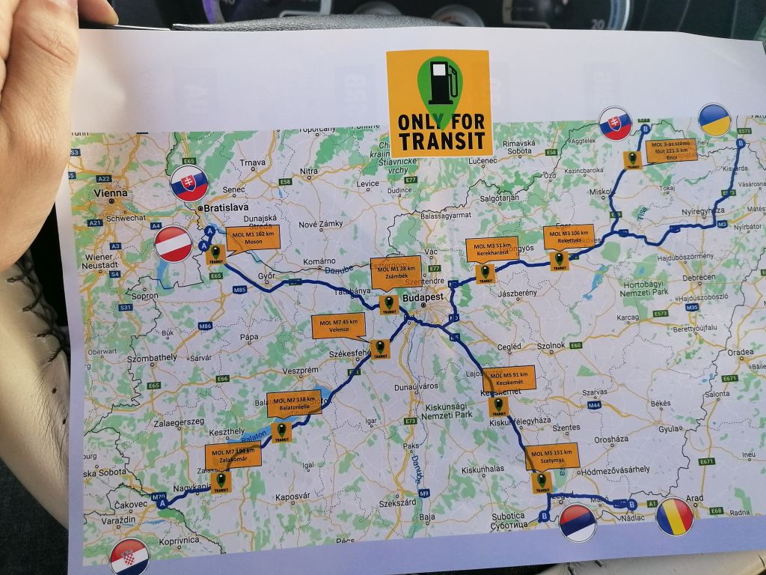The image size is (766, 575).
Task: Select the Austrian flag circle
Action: (174, 244)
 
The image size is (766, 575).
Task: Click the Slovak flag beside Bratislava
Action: (189, 183)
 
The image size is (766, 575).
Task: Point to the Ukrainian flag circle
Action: (714, 121)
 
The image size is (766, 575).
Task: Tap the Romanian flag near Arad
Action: (675, 517)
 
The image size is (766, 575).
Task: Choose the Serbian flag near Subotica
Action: (579, 522)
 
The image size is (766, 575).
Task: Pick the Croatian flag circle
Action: (130, 557)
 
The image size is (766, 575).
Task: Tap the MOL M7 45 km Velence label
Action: (339, 326)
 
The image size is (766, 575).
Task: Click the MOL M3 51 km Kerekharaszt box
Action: (491, 249)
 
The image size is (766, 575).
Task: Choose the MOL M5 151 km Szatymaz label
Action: (552, 456)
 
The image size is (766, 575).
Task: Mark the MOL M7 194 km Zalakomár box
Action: (233, 455)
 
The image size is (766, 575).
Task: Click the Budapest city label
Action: (423, 297)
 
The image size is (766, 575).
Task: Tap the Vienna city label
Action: (111, 192)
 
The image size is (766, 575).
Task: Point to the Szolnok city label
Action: (549, 346)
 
